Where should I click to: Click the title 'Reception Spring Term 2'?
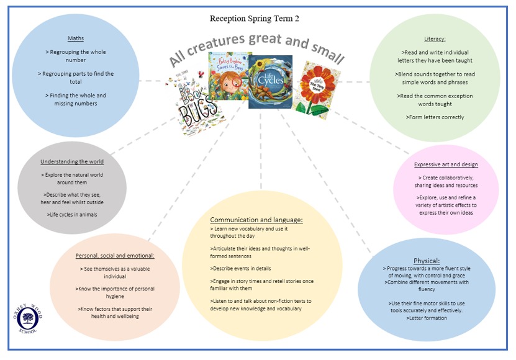(254, 19)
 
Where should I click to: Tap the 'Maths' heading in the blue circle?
(75, 38)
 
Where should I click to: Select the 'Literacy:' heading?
(435, 38)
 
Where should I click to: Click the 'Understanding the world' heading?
(72, 161)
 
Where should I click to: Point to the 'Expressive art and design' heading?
(446, 164)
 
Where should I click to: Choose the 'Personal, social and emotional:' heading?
(115, 255)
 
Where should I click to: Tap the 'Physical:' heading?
(426, 261)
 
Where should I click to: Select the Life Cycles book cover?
(270, 81)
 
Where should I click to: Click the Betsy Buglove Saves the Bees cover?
(228, 79)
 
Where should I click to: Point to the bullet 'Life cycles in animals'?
(72, 214)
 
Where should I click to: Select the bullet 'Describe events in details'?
(240, 268)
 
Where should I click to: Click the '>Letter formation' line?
(426, 318)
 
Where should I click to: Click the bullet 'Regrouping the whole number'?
(75, 56)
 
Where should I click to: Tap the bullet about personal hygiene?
(115, 292)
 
